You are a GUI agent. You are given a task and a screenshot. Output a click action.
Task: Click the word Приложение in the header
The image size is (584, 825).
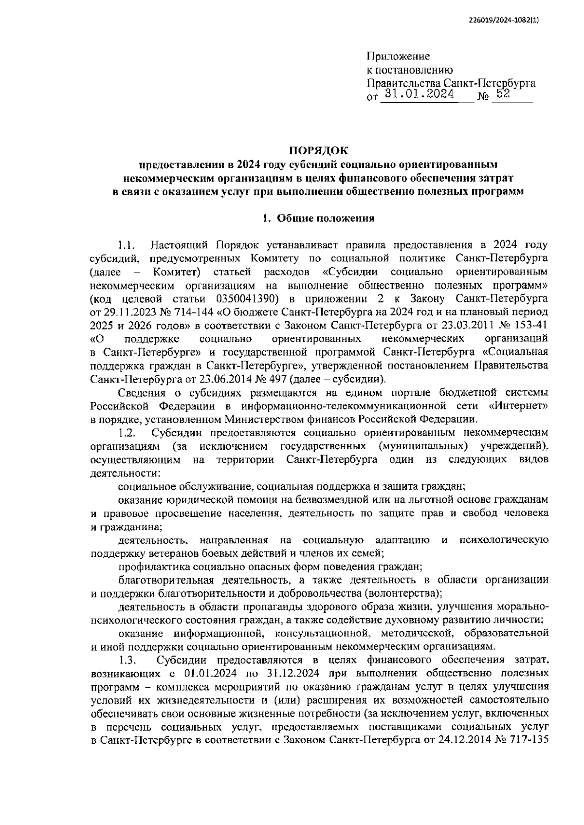click(398, 57)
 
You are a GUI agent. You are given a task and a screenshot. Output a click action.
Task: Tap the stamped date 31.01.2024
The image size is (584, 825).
click(417, 94)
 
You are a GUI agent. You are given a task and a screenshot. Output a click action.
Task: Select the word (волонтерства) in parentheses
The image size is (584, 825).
click(402, 593)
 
